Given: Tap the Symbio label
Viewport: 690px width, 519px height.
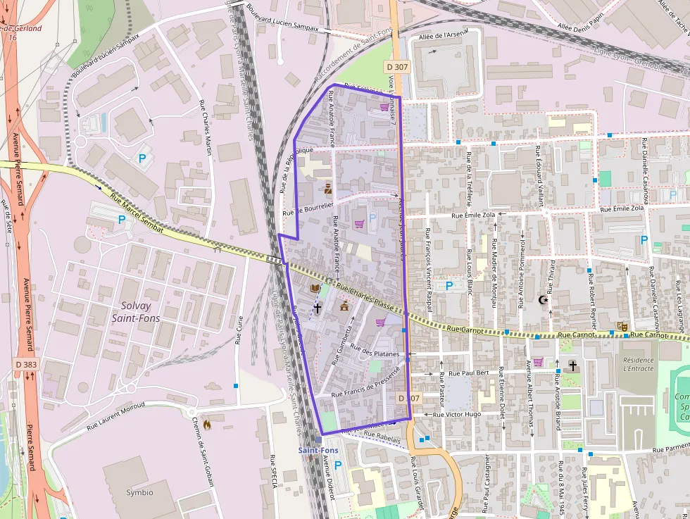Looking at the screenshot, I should pyautogui.click(x=139, y=492).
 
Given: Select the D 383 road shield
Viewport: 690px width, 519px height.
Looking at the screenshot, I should pyautogui.click(x=26, y=364).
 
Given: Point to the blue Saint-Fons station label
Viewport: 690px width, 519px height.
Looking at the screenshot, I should pyautogui.click(x=318, y=450).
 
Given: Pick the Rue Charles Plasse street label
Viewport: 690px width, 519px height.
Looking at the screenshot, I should pyautogui.click(x=363, y=295).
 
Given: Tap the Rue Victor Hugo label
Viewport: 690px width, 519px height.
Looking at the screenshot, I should pyautogui.click(x=457, y=414).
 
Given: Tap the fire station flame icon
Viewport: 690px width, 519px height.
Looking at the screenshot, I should pyautogui.click(x=206, y=425).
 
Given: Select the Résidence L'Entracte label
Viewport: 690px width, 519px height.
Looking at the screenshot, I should pyautogui.click(x=638, y=363).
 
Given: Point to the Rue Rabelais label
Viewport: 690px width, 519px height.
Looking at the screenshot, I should pyautogui.click(x=382, y=439).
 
